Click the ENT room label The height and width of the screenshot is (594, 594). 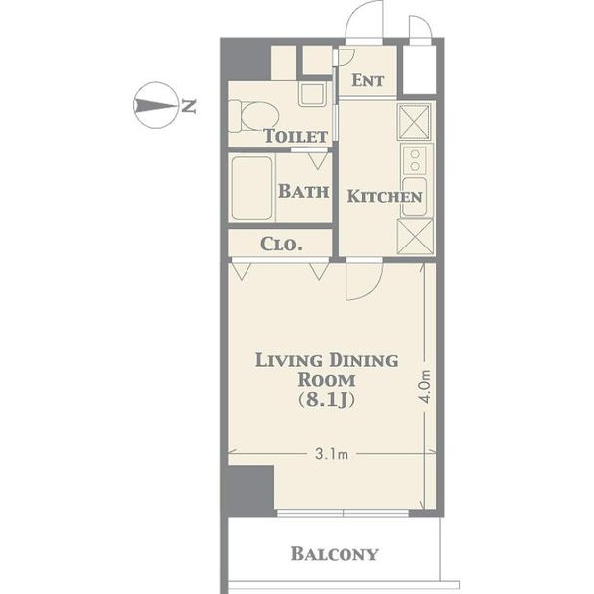[368, 80]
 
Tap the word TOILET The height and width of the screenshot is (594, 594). [295, 136]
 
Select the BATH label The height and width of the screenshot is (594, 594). [304, 191]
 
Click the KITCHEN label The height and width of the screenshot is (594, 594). [384, 197]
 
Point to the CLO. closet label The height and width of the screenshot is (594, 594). [281, 245]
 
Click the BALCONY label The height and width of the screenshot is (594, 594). [335, 554]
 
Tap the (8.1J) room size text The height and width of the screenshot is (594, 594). [327, 400]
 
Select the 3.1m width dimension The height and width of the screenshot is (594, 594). [332, 454]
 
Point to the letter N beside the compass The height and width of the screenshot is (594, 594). [188, 106]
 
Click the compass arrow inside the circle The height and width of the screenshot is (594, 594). [155, 105]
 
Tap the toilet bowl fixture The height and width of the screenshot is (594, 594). [253, 116]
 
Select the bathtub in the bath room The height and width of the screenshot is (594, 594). [251, 188]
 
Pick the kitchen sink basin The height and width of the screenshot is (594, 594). [415, 196]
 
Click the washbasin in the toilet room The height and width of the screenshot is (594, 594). [312, 94]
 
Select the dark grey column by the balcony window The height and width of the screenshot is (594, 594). [250, 491]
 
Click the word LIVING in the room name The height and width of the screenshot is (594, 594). [289, 360]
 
